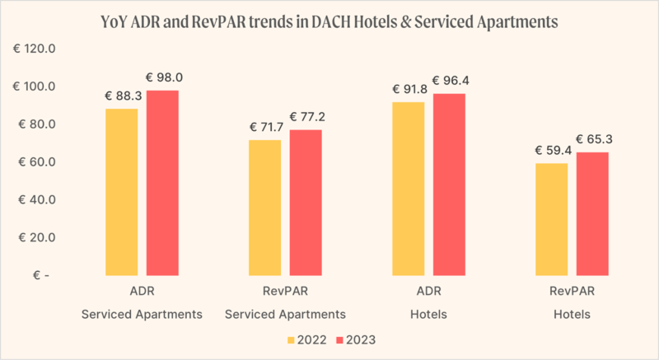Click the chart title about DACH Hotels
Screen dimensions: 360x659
click(329, 21)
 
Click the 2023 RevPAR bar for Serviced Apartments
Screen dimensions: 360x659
click(306, 203)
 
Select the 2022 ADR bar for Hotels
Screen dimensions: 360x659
click(409, 189)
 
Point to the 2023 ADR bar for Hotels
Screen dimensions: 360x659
click(449, 185)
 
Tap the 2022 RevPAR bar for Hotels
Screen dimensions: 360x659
click(552, 219)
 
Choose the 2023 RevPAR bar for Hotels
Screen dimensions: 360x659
click(592, 214)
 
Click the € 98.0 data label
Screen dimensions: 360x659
click(164, 78)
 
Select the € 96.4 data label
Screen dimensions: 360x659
click(451, 81)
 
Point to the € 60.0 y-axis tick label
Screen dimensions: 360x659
click(36, 162)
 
